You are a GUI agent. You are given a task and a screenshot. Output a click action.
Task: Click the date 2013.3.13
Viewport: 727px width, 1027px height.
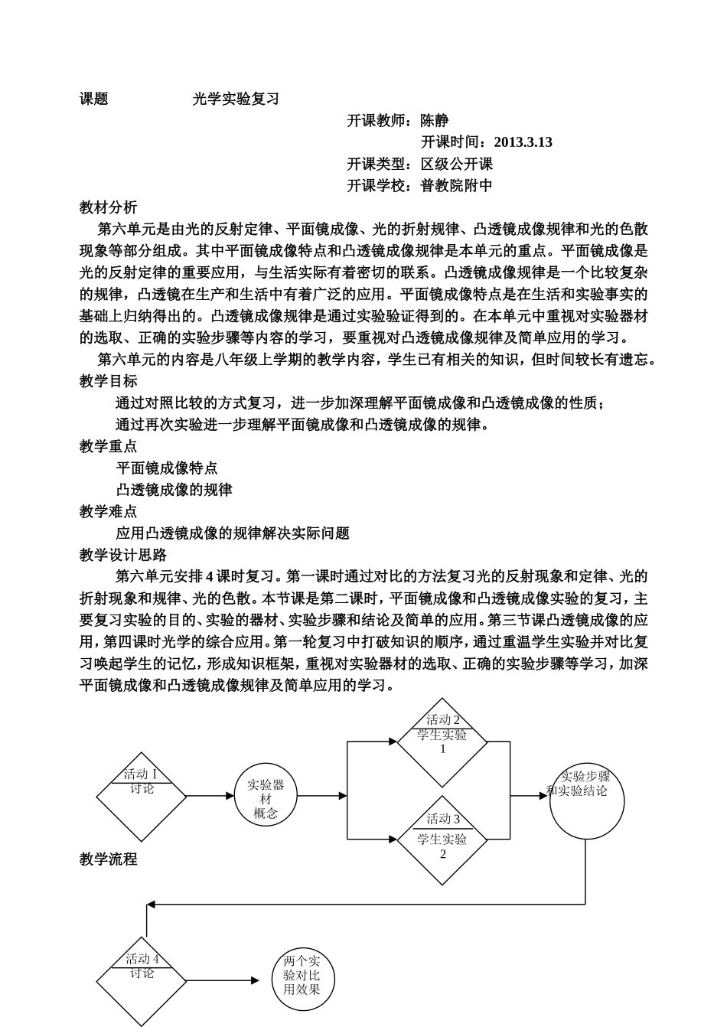pyautogui.click(x=523, y=142)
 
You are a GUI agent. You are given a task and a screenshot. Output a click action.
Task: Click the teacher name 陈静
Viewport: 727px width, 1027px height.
pyautogui.click(x=435, y=120)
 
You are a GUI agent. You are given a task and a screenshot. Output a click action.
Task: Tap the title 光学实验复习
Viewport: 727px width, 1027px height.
pyautogui.click(x=236, y=99)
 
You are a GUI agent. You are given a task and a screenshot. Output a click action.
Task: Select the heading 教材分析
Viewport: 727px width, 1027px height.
pyautogui.click(x=109, y=207)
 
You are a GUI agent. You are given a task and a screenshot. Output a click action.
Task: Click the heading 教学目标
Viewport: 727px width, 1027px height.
pyautogui.click(x=109, y=381)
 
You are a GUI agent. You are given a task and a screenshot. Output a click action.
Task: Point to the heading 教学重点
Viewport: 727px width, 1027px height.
pyautogui.click(x=109, y=446)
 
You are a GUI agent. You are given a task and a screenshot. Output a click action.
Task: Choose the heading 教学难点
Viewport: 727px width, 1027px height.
pyautogui.click(x=109, y=511)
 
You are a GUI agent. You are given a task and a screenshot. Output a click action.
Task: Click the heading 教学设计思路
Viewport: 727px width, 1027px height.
pyautogui.click(x=123, y=555)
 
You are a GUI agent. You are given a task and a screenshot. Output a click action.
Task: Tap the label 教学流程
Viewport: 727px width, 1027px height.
pyautogui.click(x=109, y=859)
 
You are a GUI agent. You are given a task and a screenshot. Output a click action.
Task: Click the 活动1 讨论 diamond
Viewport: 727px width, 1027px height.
pyautogui.click(x=142, y=796)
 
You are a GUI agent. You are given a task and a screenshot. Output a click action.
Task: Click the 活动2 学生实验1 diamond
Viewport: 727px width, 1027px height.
pyautogui.click(x=442, y=742)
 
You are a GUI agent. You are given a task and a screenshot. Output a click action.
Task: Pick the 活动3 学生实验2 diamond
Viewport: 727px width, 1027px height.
pyautogui.click(x=442, y=840)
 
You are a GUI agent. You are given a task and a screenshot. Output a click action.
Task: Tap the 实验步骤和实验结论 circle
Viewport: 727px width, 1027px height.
pyautogui.click(x=586, y=800)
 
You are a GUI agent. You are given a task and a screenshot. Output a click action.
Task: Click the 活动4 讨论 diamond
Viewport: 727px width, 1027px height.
pyautogui.click(x=142, y=980)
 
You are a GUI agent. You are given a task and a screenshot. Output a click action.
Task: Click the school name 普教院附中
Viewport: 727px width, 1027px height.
pyautogui.click(x=457, y=185)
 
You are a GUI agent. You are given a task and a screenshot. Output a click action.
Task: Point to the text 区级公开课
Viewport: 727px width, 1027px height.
pyautogui.click(x=457, y=164)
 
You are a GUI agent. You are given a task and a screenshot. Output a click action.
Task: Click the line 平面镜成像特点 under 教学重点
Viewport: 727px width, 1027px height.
pyautogui.click(x=167, y=468)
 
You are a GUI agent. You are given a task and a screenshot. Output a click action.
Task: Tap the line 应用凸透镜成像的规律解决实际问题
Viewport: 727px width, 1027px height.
pyautogui.click(x=233, y=533)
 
